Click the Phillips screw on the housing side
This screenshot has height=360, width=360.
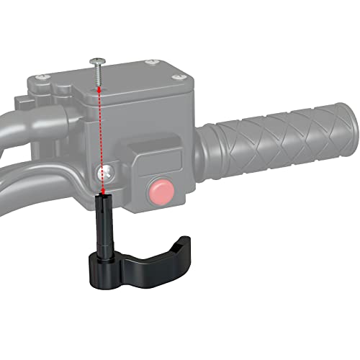pyautogui.click(x=106, y=173)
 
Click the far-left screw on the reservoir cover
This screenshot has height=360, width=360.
pyautogui.click(x=48, y=78)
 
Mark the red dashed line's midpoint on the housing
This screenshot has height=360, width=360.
pyautogui.click(x=102, y=140)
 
